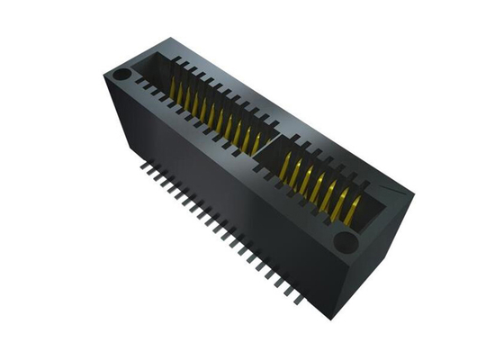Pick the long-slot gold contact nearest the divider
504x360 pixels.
pos(256,141)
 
